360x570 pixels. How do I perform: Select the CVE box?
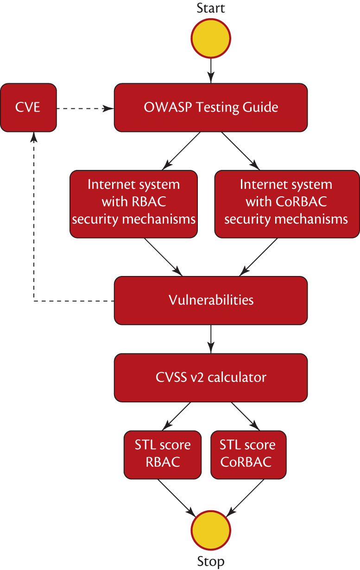click(x=28, y=107)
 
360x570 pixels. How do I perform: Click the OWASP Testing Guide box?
click(x=211, y=107)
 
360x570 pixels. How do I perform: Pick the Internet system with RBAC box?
click(x=134, y=204)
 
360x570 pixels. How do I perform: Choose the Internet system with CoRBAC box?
click(x=287, y=204)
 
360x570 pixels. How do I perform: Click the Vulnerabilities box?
click(x=211, y=300)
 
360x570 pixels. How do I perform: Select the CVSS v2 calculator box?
click(x=211, y=377)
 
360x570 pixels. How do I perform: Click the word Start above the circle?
click(x=211, y=8)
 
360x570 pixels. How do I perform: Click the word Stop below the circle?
click(x=211, y=562)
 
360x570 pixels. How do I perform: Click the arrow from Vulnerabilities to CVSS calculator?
click(x=211, y=338)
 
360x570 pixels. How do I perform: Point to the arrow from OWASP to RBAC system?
click(x=182, y=150)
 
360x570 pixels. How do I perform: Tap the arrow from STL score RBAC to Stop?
click(x=176, y=496)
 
